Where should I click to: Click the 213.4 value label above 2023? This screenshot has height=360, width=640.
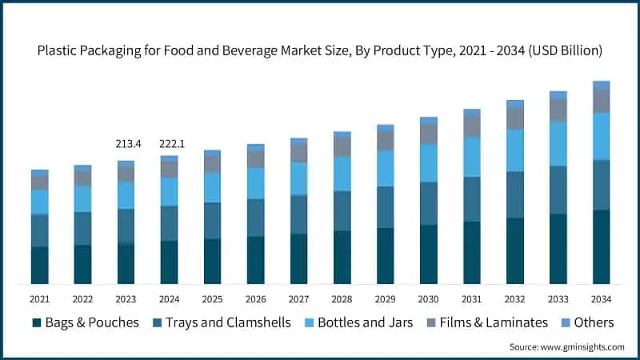pos(126,144)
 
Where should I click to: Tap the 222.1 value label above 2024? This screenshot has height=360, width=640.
pos(169,144)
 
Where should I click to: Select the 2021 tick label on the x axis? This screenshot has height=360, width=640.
pos(40,298)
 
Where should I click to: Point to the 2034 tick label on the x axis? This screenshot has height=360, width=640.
pos(601,298)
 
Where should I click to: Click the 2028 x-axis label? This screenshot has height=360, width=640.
pos(342,298)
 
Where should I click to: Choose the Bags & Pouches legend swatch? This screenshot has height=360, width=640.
pos(37,323)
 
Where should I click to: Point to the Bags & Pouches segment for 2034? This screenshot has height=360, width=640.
pos(601,246)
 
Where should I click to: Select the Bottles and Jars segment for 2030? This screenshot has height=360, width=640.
pos(429,162)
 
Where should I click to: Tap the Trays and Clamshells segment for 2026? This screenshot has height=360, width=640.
pos(255,217)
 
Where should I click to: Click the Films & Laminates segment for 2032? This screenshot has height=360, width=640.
pos(515,118)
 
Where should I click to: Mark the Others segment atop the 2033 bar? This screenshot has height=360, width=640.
pos(558,94)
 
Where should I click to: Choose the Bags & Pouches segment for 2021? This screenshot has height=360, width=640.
pos(40,265)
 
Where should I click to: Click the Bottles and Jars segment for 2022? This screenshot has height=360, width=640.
pos(82,198)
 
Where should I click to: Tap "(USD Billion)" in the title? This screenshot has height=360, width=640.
pos(565,50)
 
